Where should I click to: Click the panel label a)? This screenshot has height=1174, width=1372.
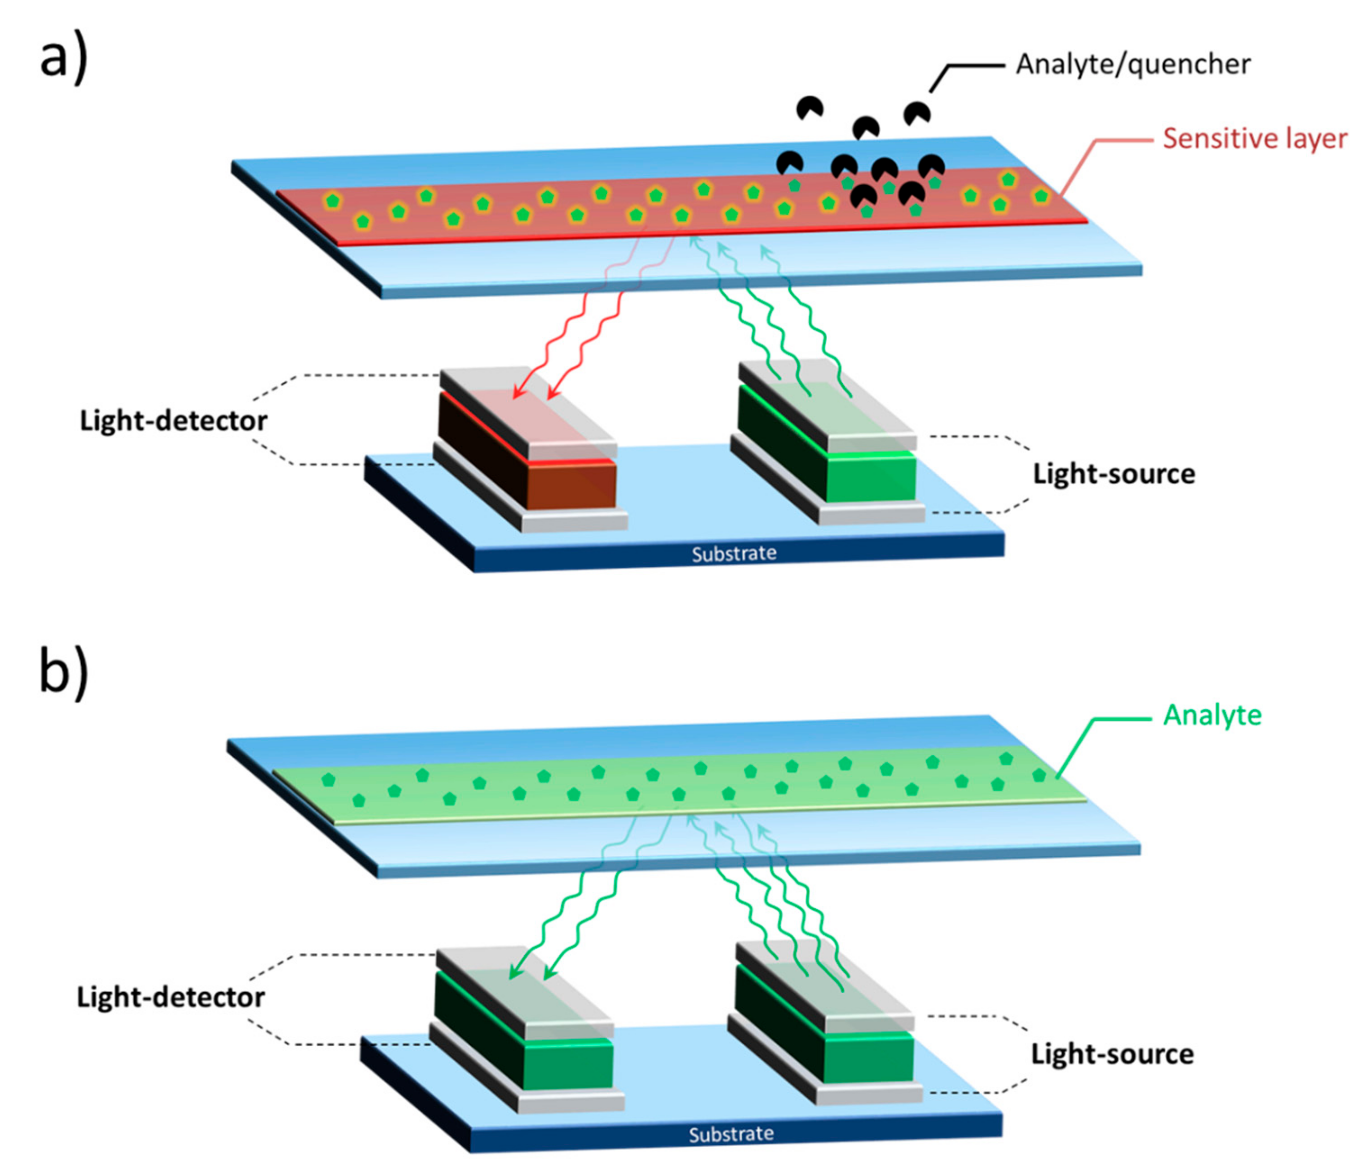click(x=63, y=58)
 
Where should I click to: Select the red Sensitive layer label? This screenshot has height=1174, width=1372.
click(x=1255, y=139)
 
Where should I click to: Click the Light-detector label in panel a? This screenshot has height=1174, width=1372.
click(x=173, y=421)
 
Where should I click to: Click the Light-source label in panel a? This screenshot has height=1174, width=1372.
click(x=1114, y=474)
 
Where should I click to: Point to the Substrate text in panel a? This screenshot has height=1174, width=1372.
click(x=734, y=553)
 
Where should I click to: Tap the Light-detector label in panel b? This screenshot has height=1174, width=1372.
click(x=171, y=997)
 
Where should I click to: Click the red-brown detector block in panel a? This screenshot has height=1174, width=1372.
click(x=571, y=486)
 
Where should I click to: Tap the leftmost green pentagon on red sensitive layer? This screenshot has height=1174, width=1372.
click(x=332, y=201)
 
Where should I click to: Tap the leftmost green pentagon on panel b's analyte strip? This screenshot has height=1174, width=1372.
click(x=328, y=780)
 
